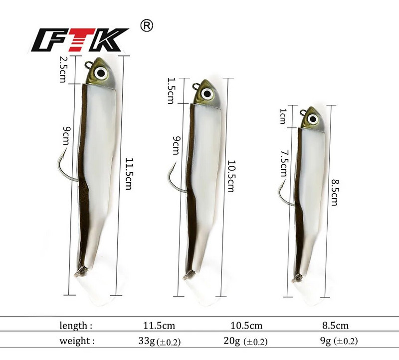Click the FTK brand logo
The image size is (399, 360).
coord(80,40)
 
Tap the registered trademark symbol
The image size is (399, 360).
coord(147,26)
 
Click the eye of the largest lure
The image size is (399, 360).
coord(101,73)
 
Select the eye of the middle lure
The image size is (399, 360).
coord(207,94)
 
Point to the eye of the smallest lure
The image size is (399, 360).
coord(313,119)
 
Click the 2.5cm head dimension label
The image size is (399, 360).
coord(63,69)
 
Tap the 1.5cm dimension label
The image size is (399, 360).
coord(171,91)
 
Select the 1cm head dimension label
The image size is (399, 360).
coord(283,116)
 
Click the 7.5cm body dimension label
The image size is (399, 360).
coord(283,163)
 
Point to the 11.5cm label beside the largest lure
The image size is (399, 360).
coord(129,174)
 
